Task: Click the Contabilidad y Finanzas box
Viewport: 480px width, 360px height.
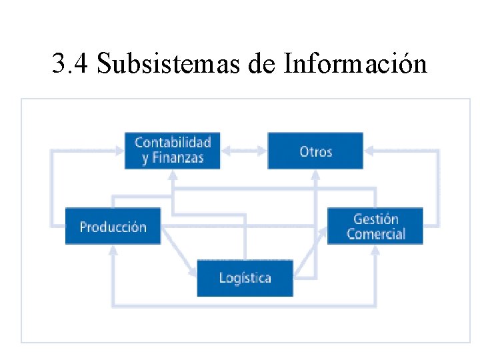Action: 173,150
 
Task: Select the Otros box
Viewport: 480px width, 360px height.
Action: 315,151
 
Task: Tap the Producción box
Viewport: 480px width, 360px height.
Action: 113,226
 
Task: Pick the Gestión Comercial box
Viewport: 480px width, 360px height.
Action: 375,226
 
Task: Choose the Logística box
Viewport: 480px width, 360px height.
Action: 245,277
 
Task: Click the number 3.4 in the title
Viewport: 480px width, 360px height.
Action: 69,64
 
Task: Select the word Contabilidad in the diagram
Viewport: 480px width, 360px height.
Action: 173,142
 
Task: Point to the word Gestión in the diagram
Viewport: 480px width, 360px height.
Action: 376,219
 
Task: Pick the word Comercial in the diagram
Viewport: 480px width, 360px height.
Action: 376,234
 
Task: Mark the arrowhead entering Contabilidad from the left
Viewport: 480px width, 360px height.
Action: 119,151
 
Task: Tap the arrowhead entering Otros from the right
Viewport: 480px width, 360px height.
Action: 369,151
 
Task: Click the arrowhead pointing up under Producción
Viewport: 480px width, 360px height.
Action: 113,250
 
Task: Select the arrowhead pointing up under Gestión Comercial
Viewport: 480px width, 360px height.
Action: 375,250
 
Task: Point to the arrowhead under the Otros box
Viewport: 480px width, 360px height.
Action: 316,175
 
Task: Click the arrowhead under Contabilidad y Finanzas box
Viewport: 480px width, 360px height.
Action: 173,175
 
